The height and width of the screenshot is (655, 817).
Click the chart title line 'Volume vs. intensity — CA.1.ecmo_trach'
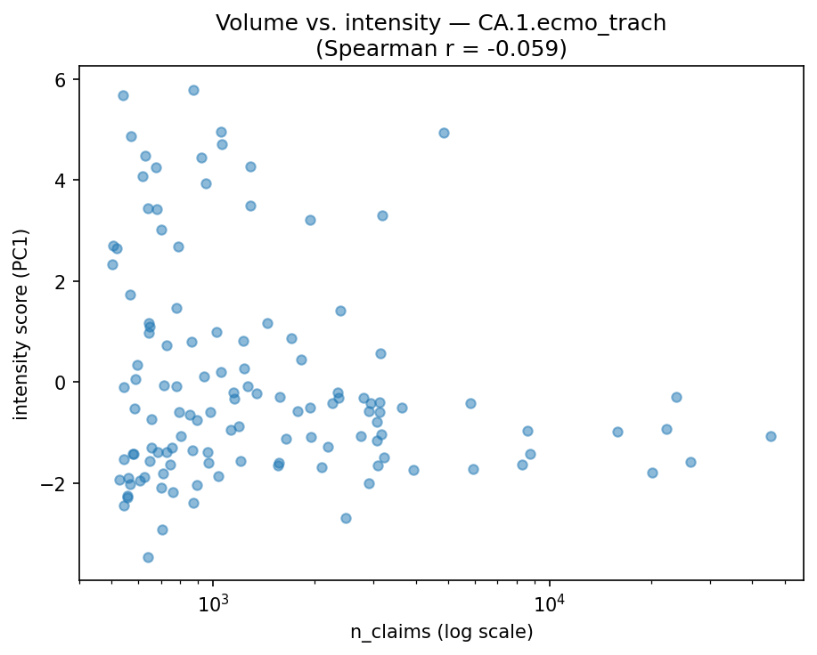(x=441, y=23)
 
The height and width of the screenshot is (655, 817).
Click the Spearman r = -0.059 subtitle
(x=441, y=48)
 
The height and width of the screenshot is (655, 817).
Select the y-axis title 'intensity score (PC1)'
(x=20, y=324)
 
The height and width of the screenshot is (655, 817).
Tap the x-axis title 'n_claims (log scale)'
(x=441, y=633)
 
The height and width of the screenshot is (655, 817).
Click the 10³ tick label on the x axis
(x=214, y=604)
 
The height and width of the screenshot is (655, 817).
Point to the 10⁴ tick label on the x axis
(x=550, y=604)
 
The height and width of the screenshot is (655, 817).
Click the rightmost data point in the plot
(x=771, y=436)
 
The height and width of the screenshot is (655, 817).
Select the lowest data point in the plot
(x=148, y=557)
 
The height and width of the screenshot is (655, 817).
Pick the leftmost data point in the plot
(x=112, y=264)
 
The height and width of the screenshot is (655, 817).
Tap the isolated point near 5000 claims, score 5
(x=444, y=133)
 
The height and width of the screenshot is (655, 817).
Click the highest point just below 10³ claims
(x=193, y=90)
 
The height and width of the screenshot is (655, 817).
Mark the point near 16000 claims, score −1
(x=617, y=432)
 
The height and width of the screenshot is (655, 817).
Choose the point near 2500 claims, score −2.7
(x=346, y=518)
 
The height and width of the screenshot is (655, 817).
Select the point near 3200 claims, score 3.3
(x=382, y=215)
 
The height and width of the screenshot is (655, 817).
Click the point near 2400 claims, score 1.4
(x=340, y=311)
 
